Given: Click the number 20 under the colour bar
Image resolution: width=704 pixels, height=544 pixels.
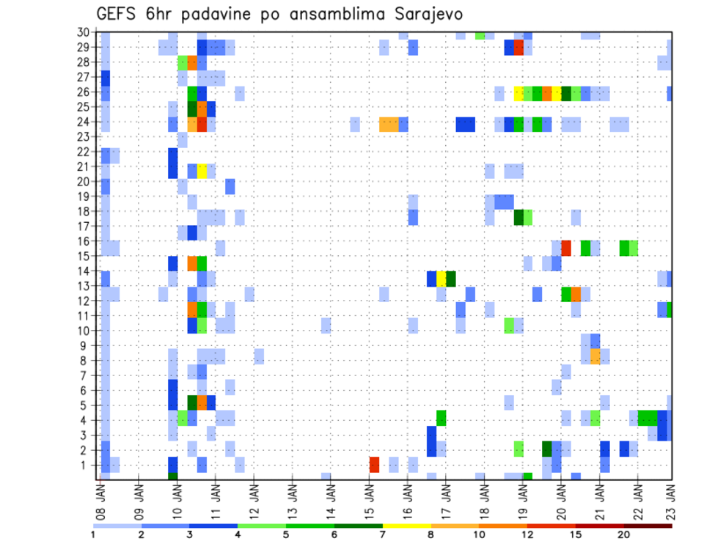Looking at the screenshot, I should coord(624,534).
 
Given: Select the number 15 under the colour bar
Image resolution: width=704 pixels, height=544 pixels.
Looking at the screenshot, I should coord(576,534).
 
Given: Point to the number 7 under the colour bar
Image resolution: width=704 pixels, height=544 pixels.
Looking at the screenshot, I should coord(384,534).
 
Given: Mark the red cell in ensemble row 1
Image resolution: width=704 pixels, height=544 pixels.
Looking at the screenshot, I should coord(375,465).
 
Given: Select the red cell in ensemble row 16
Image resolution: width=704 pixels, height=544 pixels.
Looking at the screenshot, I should coord(566,248).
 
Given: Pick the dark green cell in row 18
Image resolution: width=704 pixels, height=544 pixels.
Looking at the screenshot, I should coord(518,218).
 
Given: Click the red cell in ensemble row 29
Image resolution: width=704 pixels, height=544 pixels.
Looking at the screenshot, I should coord(519,48).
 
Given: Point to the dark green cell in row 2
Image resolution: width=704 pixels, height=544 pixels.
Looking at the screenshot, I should coord(547,449).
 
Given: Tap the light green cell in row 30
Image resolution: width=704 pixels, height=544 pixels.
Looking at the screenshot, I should coord(480,35).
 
